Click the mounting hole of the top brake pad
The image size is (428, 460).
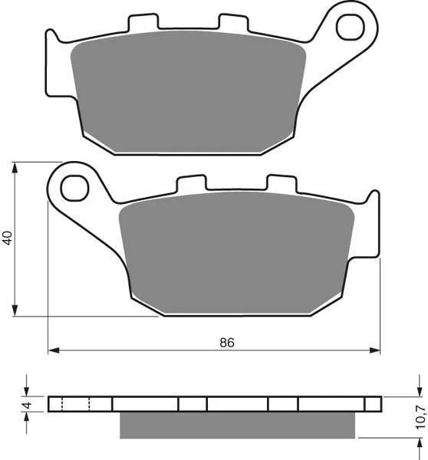coord(351,28)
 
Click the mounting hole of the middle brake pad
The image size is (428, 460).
coord(74,188)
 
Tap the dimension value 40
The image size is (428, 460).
coord(8,238)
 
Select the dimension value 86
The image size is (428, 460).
coord(227,343)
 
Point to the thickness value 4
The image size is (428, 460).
coord(27,406)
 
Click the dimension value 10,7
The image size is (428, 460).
coord(420,417)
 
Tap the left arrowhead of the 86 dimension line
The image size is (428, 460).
coord(54,350)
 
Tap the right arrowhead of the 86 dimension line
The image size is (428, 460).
coord(374,350)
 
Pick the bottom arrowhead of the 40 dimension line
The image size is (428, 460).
coord(15,310)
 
